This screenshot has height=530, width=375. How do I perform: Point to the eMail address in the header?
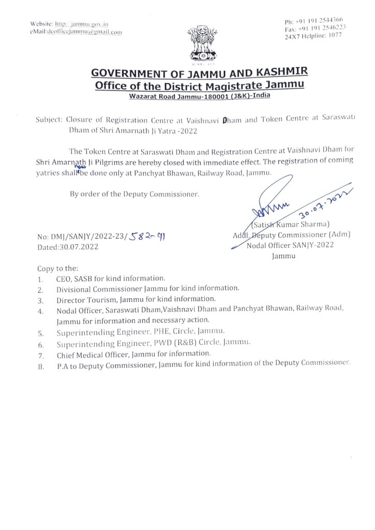[x=77, y=32]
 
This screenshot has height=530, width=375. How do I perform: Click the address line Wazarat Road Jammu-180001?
[x=199, y=96]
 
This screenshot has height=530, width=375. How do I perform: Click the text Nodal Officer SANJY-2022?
[x=290, y=245]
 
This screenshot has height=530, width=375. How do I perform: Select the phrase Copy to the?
[x=57, y=269]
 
